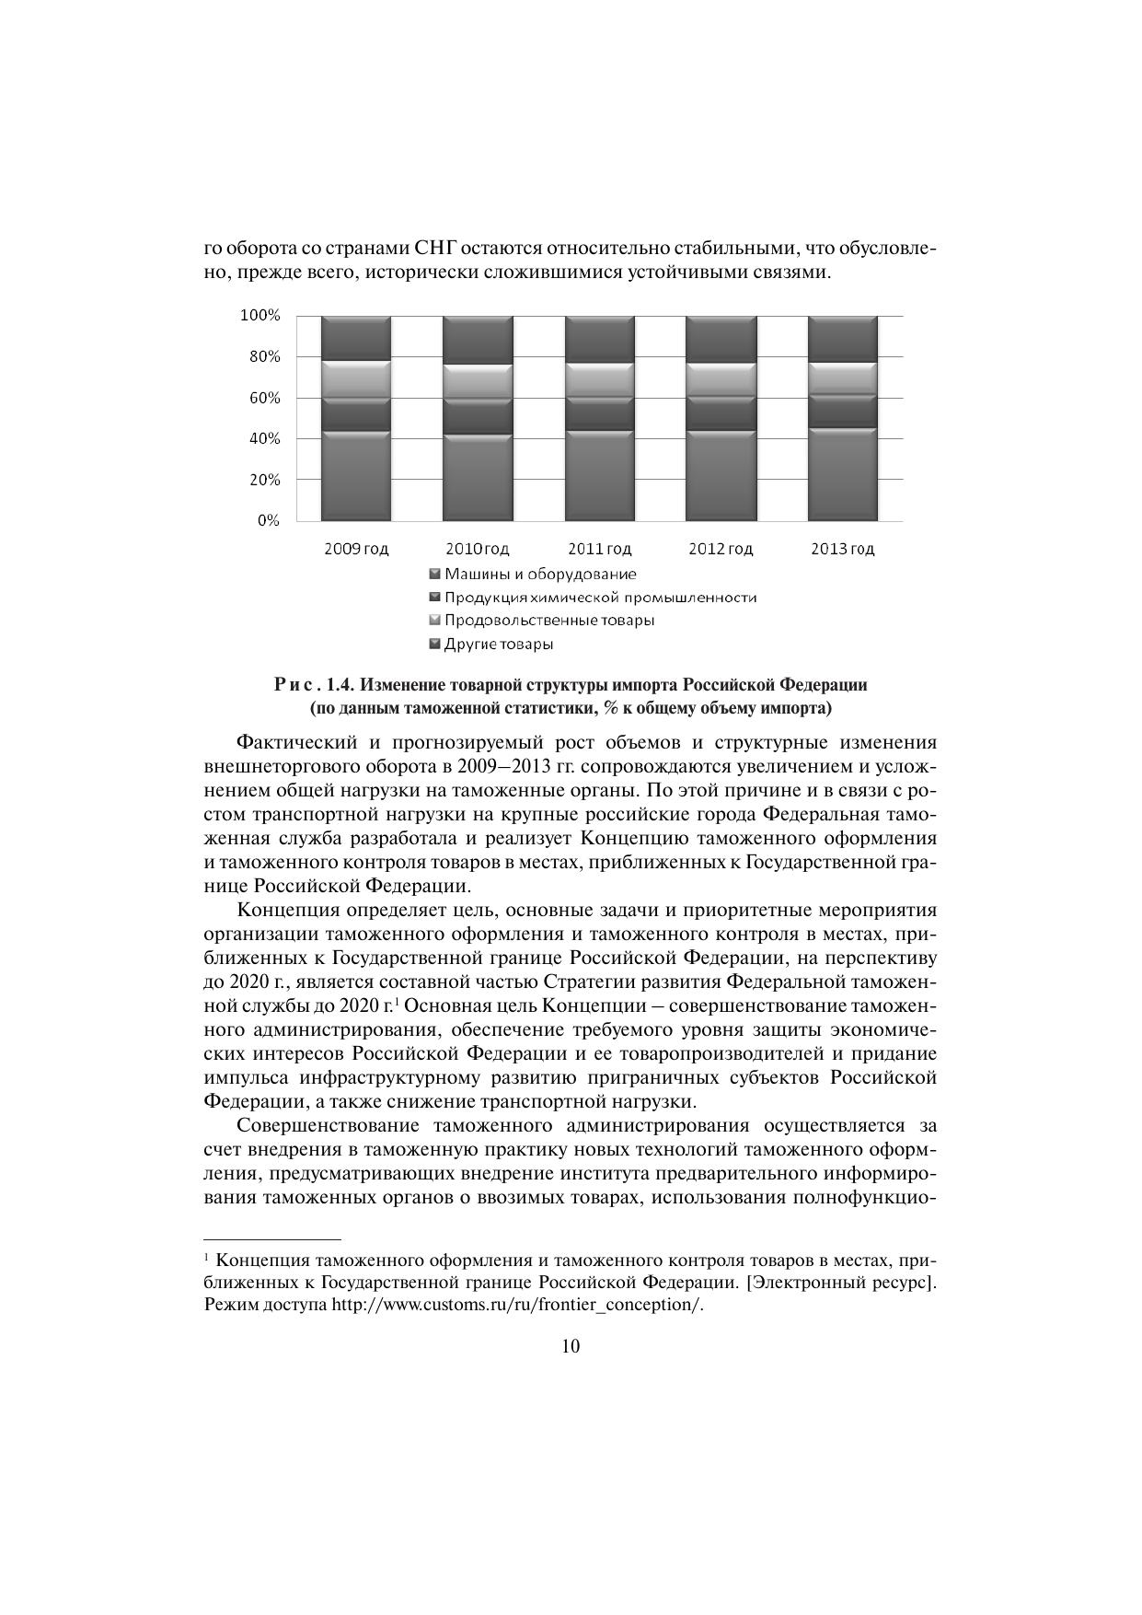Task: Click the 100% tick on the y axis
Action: (x=260, y=316)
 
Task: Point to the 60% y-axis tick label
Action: (x=264, y=398)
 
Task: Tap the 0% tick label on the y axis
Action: (x=268, y=520)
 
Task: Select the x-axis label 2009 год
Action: (x=356, y=549)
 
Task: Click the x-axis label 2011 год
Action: (x=599, y=549)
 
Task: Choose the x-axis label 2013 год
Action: (x=842, y=549)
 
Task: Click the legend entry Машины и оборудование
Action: (x=540, y=574)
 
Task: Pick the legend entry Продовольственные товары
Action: (x=549, y=620)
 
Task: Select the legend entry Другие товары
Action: (x=499, y=644)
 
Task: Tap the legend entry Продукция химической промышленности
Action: (x=600, y=597)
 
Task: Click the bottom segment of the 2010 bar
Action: (x=477, y=477)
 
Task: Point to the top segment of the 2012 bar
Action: (x=721, y=340)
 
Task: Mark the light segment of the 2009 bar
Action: (x=355, y=378)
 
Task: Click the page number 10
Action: (x=571, y=1346)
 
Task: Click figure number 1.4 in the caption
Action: (x=340, y=685)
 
